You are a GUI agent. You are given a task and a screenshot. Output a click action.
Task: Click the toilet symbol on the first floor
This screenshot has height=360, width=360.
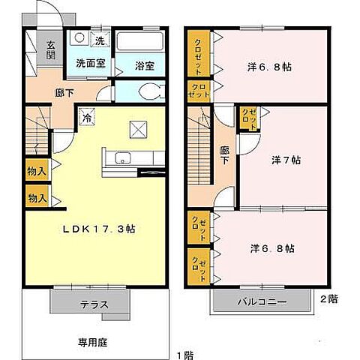[x=150, y=92]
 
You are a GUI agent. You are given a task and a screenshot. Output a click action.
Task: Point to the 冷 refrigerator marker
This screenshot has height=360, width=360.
[x=87, y=117]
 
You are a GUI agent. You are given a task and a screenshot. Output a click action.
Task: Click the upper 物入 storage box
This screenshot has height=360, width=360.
[x=37, y=170]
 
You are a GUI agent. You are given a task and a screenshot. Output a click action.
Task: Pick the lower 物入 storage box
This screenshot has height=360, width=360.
[x=37, y=198]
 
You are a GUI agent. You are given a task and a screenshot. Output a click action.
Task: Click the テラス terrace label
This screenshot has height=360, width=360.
[x=95, y=304]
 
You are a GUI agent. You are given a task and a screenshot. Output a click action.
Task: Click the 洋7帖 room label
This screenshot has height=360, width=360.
[x=286, y=160]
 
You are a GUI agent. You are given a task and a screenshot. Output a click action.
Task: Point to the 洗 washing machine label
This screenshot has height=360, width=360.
[x=100, y=39]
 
